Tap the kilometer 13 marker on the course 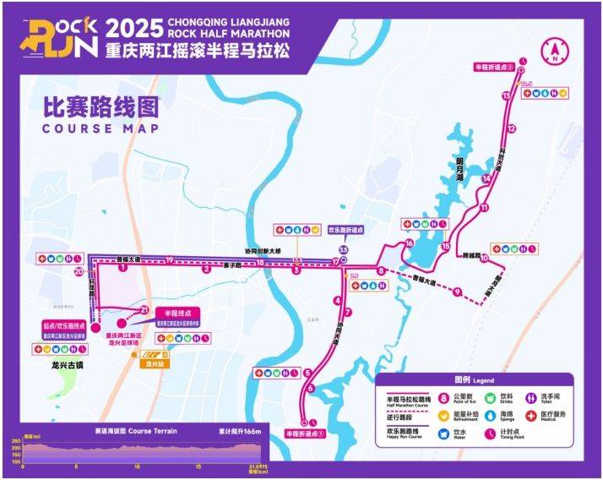click(x=506, y=97)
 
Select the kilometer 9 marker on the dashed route click(x=457, y=292)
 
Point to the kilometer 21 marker click(x=144, y=309)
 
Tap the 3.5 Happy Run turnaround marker click(x=343, y=250)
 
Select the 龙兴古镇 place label click(x=57, y=368)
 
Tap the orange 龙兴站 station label click(x=153, y=366)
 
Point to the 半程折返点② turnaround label click(x=494, y=66)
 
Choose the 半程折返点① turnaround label click(x=304, y=434)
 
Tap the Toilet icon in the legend click(x=535, y=397)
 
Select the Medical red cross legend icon click(x=535, y=416)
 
